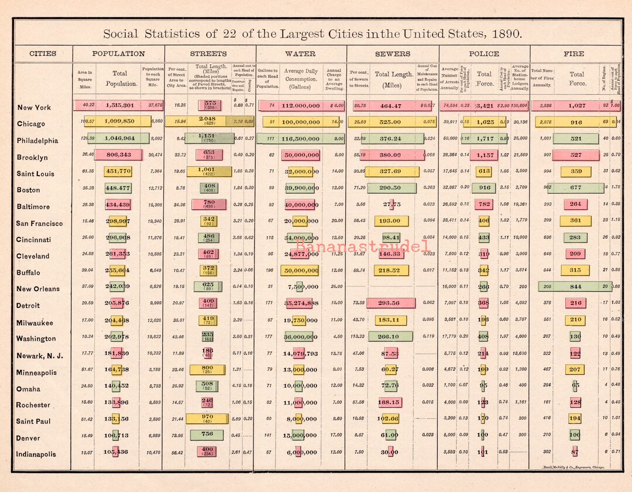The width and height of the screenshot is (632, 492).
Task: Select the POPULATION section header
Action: [118, 54]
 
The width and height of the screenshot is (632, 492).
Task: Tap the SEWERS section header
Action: [393, 54]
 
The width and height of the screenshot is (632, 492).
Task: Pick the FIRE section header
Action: [573, 54]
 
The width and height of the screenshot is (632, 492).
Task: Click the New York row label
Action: [34, 107]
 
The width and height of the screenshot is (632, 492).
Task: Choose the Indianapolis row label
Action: [36, 454]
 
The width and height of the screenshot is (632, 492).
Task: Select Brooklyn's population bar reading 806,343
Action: [118, 155]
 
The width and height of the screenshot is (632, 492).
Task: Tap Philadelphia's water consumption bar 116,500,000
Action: [300, 139]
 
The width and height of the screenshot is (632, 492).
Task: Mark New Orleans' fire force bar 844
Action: [575, 286]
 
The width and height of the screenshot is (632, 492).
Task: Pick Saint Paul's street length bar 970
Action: [207, 419]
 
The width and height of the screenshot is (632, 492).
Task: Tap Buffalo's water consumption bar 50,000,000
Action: [300, 270]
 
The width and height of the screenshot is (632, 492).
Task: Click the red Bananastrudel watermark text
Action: [363, 247]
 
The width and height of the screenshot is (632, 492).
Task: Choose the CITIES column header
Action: [43, 54]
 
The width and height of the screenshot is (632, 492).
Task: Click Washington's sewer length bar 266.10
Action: [391, 336]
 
